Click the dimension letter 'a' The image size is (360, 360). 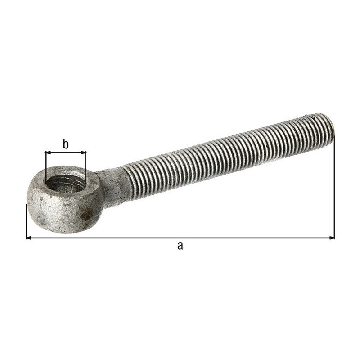pyautogui.click(x=180, y=246)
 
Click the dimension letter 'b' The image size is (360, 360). pyautogui.click(x=66, y=144)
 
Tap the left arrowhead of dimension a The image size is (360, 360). pyautogui.click(x=28, y=238)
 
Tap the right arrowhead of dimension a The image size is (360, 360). pyautogui.click(x=332, y=238)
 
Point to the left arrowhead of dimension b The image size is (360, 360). pyautogui.click(x=48, y=152)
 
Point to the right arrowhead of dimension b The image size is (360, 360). pyautogui.click(x=83, y=152)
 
